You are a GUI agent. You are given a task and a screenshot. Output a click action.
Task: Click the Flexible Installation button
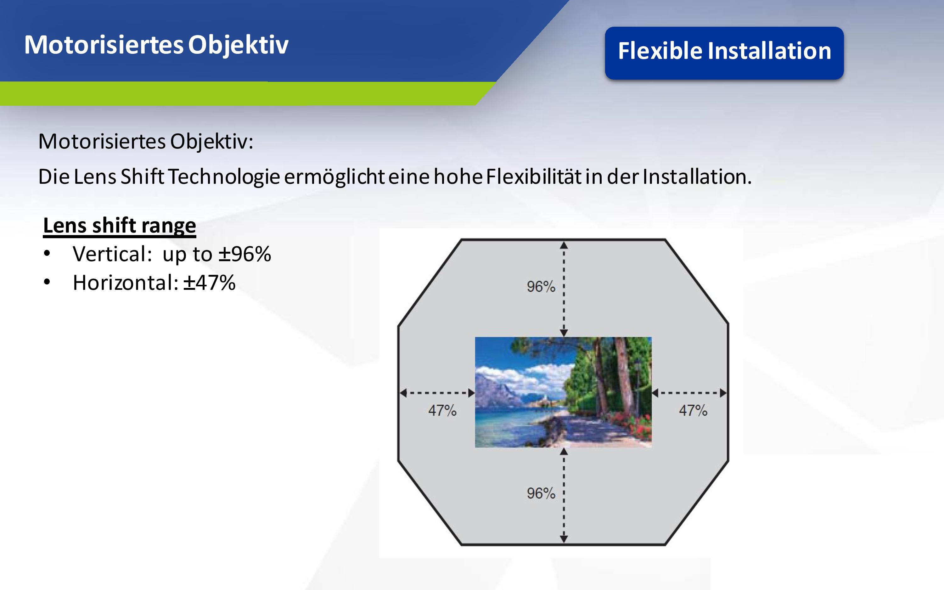724,53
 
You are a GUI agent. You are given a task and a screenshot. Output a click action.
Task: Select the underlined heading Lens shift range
119,226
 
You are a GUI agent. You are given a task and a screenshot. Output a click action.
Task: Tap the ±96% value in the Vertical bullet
244,254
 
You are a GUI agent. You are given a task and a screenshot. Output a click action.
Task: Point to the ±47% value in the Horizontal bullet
210,283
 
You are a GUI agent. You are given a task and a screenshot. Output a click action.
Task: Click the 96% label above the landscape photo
541,286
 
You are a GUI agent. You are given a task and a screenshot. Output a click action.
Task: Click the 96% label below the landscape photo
541,493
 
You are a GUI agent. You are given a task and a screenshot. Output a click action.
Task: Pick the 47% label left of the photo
442,411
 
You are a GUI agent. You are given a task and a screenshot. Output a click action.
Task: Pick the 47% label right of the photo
693,411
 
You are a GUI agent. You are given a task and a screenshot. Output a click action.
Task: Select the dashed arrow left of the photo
437,393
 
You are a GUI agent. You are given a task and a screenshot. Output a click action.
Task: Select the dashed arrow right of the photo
689,393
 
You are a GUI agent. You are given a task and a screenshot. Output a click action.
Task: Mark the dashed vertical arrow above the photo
564,289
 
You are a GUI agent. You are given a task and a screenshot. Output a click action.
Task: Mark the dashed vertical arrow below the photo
564,496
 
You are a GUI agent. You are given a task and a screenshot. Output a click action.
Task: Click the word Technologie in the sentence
224,177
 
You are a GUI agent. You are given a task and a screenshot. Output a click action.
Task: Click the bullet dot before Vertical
47,254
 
